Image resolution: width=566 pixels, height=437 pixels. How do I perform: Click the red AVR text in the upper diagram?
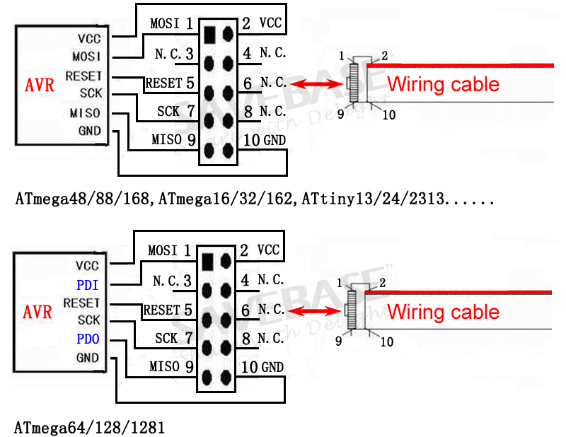(39, 86)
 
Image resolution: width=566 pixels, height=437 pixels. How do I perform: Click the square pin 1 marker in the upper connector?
(209, 33)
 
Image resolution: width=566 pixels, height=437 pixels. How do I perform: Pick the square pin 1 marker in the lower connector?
(207, 261)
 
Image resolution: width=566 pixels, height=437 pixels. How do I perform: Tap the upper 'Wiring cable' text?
(443, 85)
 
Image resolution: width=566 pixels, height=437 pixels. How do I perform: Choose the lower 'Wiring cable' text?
(443, 312)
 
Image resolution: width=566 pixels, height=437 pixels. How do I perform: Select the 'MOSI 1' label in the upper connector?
(172, 23)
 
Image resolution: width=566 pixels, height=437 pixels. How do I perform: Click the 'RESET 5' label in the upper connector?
(170, 83)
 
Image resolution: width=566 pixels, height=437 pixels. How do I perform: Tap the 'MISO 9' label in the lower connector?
(171, 367)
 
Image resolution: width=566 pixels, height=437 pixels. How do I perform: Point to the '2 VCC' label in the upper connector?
(262, 23)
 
